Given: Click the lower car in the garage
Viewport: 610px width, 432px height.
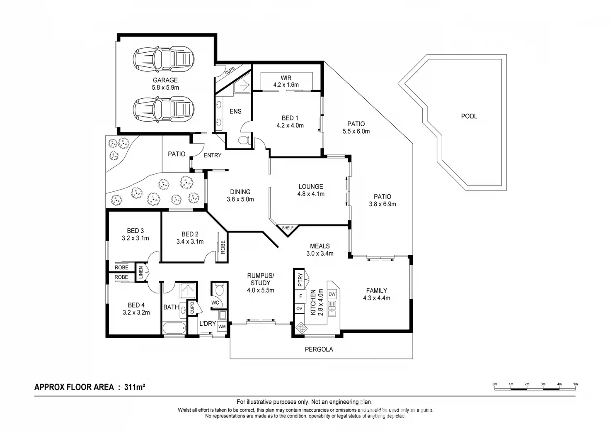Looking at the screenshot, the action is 163,109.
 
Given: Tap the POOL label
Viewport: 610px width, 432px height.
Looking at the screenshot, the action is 469,116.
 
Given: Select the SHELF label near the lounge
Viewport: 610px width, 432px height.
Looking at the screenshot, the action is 288,228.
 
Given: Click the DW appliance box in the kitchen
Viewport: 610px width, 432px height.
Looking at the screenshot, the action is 332,294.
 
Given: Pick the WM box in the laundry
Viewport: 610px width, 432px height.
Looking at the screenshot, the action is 222,326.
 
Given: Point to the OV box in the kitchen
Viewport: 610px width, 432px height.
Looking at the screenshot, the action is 299,308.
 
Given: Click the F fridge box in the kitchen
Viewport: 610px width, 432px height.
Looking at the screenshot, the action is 299,296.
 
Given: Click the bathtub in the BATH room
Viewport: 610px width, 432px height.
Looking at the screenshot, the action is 174,329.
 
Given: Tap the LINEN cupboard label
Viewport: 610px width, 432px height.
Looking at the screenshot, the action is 141,273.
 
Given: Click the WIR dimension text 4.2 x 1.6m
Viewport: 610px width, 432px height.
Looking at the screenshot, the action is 286,85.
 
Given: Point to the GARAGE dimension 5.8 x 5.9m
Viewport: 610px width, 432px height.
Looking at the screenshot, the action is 165,88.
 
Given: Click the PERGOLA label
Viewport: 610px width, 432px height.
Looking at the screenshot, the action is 319,349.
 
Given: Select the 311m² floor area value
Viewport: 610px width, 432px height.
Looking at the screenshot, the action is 135,387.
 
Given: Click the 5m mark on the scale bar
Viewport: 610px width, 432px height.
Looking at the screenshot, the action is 575,384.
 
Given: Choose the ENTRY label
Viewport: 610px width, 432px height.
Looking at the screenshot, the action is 213,155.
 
